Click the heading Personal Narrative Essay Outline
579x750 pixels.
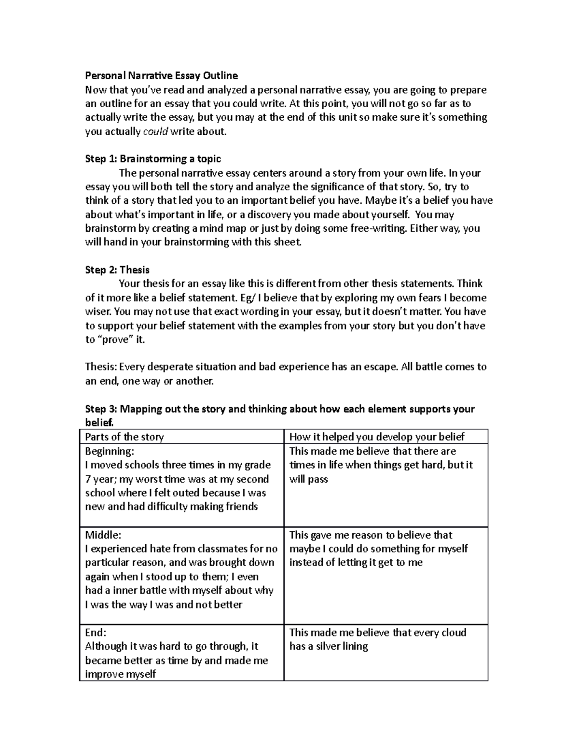[x=161, y=75]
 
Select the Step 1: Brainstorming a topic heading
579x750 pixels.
[x=153, y=159]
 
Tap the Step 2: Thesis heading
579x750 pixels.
[x=117, y=270]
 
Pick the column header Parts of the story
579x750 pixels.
[x=124, y=437]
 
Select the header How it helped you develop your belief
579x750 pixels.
[x=377, y=437]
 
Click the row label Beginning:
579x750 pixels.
[x=109, y=451]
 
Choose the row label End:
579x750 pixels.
[x=96, y=633]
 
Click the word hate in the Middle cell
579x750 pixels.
[x=160, y=549]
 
